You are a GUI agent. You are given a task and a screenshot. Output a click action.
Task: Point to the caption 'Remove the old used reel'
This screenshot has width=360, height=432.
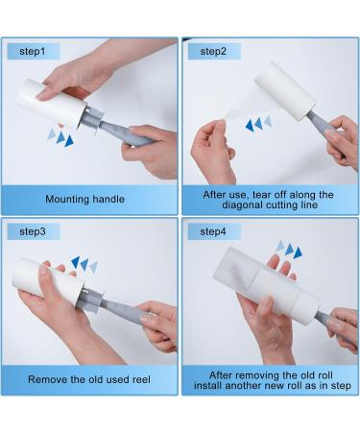tap(89, 379)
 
